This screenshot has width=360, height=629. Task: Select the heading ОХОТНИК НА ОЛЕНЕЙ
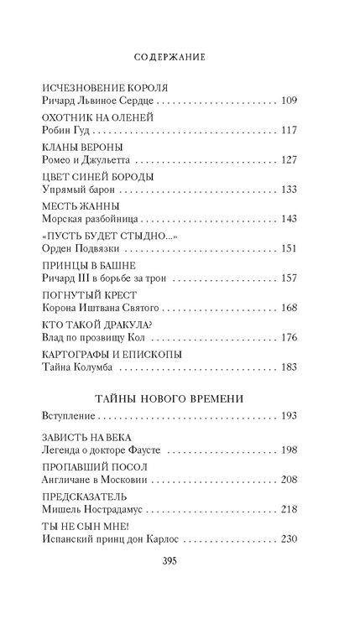88,119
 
